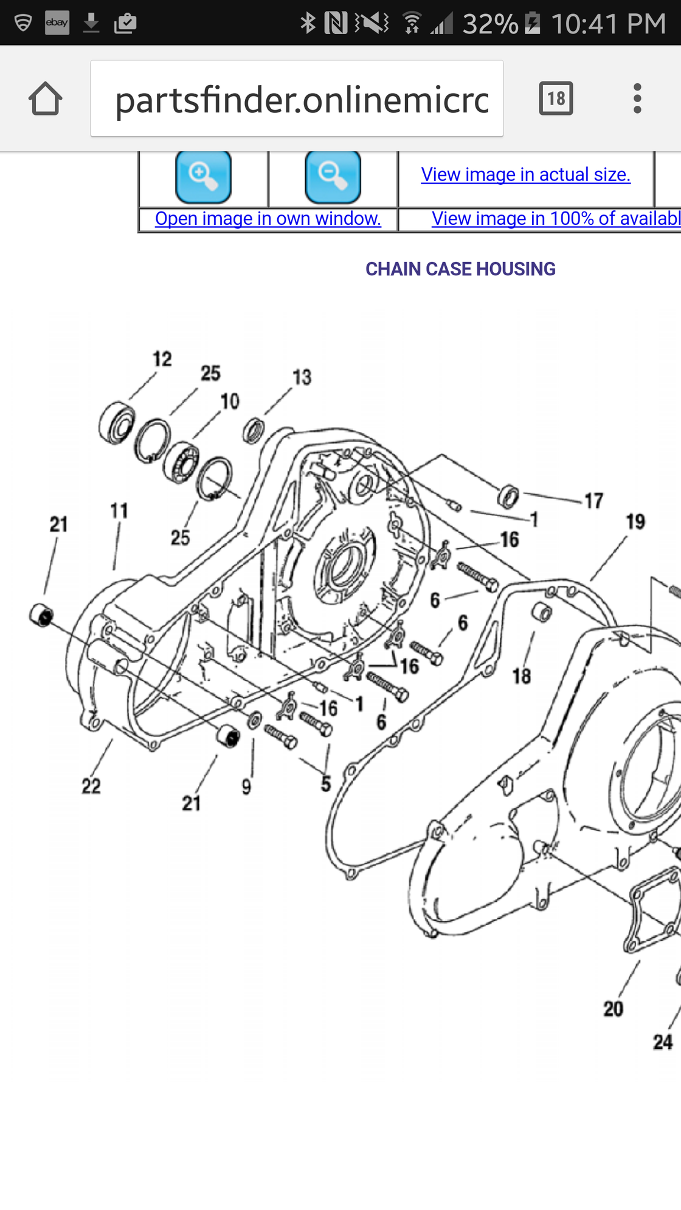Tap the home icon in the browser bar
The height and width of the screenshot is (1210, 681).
point(45,98)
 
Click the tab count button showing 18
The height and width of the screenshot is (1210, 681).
point(556,98)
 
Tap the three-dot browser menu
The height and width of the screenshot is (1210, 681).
point(637,98)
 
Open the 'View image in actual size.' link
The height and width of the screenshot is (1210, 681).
point(525,175)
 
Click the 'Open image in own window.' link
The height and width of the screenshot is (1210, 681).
point(268,219)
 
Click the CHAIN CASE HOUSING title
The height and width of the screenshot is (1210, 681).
point(460,269)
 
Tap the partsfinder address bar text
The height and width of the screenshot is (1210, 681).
point(302,100)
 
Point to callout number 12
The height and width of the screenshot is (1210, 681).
point(162,359)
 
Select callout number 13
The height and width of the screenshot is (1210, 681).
point(302,377)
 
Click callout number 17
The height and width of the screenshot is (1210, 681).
point(594,501)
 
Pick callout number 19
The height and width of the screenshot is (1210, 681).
point(635,521)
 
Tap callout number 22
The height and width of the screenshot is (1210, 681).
point(91,786)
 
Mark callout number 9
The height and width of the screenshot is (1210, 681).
point(246,787)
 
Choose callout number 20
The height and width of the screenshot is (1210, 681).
point(614,1009)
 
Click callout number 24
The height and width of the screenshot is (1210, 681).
point(663,1042)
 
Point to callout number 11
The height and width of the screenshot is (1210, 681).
point(119,510)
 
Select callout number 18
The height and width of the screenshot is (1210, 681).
point(522,676)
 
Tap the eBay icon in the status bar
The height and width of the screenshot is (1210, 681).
point(57,23)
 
